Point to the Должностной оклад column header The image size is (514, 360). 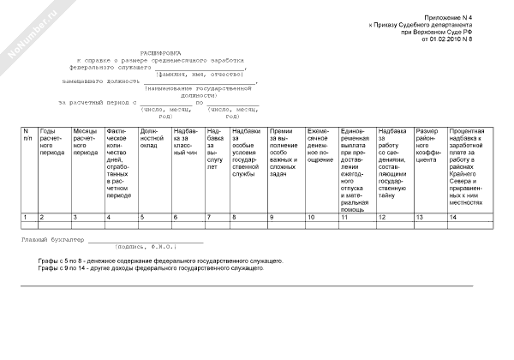click(x=152, y=138)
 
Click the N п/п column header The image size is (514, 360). click(x=27, y=135)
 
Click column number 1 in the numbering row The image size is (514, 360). click(x=26, y=217)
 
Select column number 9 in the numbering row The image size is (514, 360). click(x=272, y=217)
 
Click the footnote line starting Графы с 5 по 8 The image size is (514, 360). click(x=160, y=260)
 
